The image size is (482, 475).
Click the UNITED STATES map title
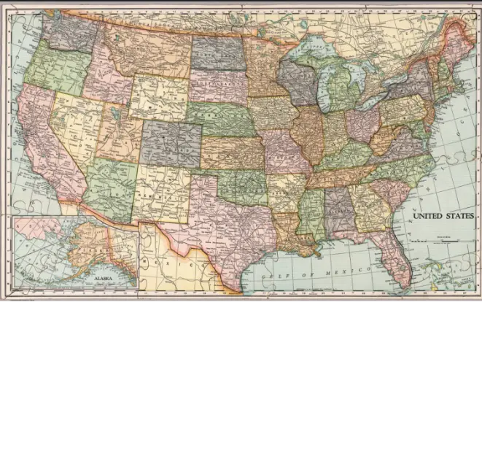pyautogui.click(x=443, y=217)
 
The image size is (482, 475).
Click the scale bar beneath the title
pyautogui.click(x=443, y=239)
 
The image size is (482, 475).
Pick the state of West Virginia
pyautogui.click(x=384, y=138)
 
